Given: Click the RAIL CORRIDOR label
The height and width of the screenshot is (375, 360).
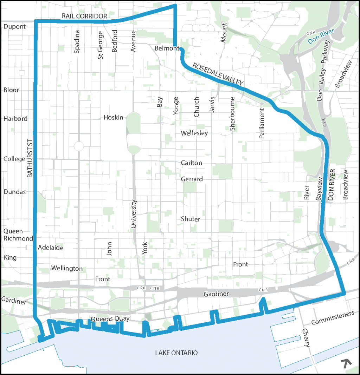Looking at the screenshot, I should click(x=84, y=16).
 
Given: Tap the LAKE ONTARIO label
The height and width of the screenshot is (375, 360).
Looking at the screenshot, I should click(x=176, y=353).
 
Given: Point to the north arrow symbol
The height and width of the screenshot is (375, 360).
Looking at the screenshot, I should click(x=347, y=363).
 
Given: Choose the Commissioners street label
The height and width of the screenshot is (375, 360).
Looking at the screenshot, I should click(x=333, y=318).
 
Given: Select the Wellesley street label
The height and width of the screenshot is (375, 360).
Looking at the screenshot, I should click(x=194, y=133).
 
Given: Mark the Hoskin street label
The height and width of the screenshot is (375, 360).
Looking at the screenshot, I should click(x=114, y=117).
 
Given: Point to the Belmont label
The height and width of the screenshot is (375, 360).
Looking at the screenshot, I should click(x=167, y=48).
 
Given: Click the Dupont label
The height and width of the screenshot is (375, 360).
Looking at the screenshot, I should click(x=14, y=26).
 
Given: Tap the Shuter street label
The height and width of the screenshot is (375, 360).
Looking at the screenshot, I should click(x=191, y=219).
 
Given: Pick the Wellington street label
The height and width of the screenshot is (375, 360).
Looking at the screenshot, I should click(x=67, y=268).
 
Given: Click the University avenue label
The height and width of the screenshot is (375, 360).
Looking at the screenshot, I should click(x=134, y=214).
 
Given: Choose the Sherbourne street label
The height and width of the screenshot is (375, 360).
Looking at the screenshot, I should click(x=232, y=114).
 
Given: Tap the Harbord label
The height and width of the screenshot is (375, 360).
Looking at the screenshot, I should click(x=15, y=118).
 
